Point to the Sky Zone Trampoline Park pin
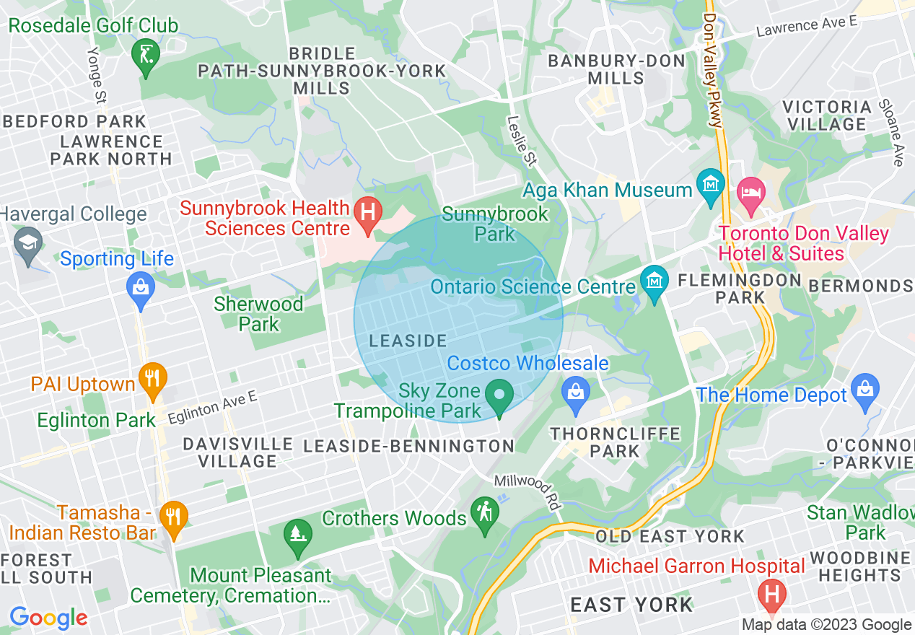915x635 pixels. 498,396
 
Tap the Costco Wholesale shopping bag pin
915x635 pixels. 575,394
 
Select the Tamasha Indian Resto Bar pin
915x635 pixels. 172,517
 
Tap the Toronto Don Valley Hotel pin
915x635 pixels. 750,194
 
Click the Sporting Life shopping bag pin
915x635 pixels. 141,290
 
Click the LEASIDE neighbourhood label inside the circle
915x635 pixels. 408,341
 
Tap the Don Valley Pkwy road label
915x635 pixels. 712,71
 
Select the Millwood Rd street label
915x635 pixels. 527,493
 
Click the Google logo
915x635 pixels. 48,618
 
